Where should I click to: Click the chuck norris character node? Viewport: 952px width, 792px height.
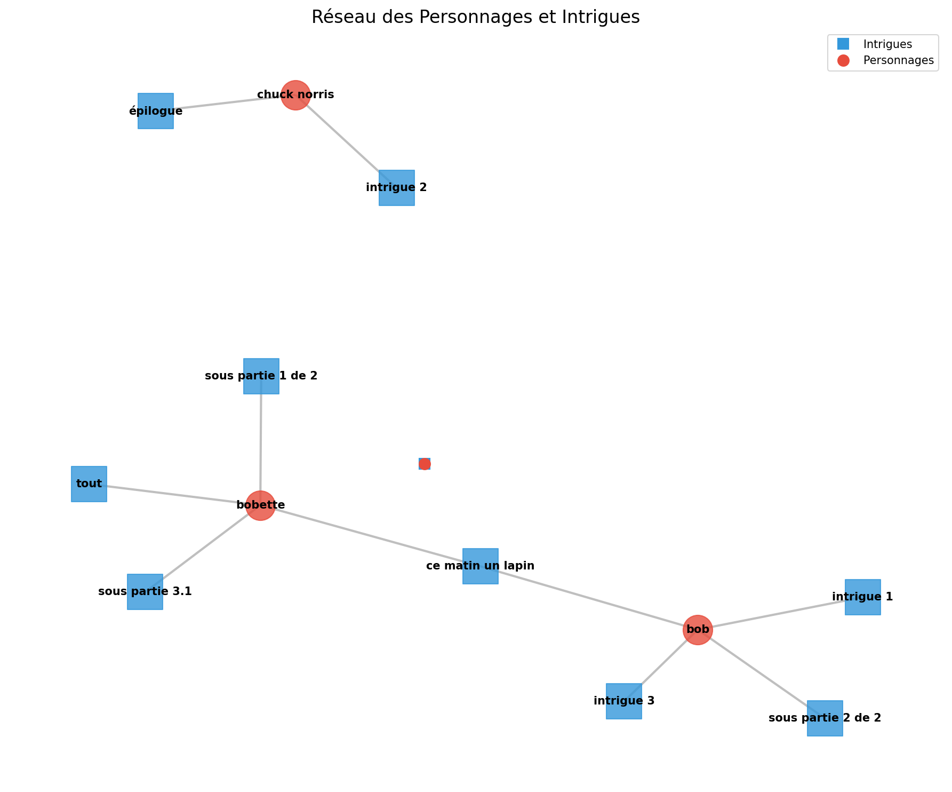295,95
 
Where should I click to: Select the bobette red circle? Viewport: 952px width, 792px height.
260,505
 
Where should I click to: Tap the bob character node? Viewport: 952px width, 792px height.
698,630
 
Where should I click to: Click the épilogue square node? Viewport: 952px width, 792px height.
156,111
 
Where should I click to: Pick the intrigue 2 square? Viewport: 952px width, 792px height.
397,188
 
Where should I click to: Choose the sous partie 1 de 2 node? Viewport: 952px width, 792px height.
261,376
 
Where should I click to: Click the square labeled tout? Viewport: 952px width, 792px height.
89,484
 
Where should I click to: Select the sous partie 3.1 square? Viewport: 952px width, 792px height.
145,592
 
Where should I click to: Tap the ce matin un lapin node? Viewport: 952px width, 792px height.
481,566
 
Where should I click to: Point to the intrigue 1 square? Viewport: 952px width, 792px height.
863,597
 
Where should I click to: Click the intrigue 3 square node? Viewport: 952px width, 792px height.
624,701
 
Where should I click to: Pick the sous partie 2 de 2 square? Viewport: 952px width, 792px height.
825,718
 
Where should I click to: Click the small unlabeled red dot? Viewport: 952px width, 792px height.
425,464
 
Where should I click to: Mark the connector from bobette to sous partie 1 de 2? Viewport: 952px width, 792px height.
261,443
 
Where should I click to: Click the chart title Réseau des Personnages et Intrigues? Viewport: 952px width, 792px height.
476,17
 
